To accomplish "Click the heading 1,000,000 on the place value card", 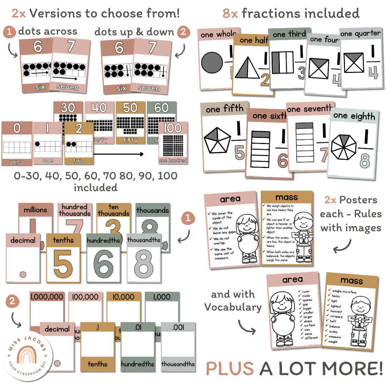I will [x=47, y=297].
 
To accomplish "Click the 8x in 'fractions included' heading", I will [x=231, y=14].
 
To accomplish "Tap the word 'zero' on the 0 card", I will [x=16, y=162].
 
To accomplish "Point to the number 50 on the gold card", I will [x=130, y=108].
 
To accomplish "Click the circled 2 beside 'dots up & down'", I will [x=183, y=32].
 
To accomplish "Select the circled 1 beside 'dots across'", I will [x=10, y=32].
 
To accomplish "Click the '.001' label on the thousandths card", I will [x=178, y=327].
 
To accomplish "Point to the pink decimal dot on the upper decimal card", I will [x=23, y=274].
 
